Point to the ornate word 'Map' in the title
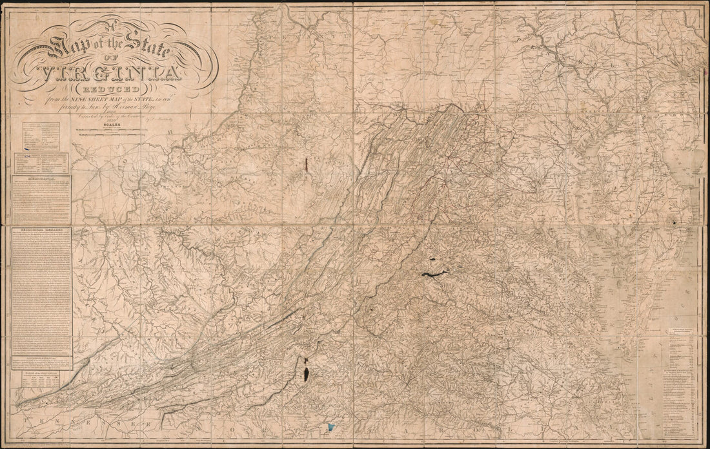(68, 48)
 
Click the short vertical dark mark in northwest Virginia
(305, 167)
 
